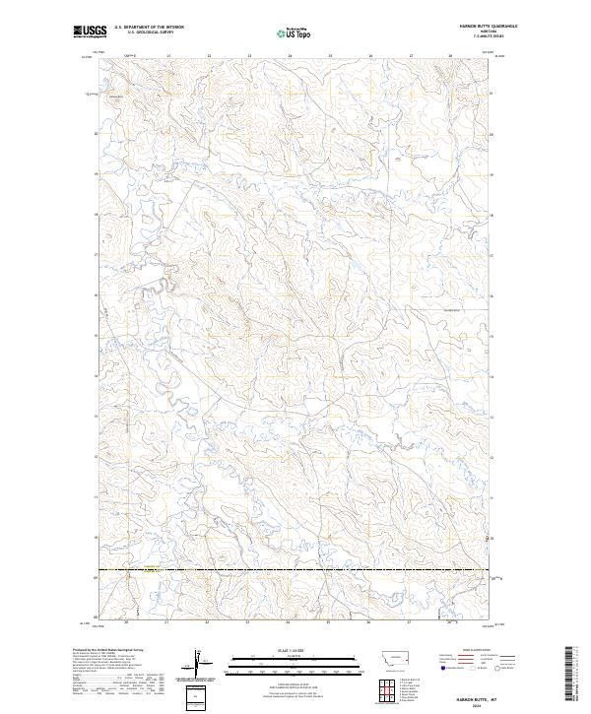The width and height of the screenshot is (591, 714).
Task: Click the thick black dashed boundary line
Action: (x=295, y=569)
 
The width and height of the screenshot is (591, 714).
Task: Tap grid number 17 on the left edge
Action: (x=95, y=254)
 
